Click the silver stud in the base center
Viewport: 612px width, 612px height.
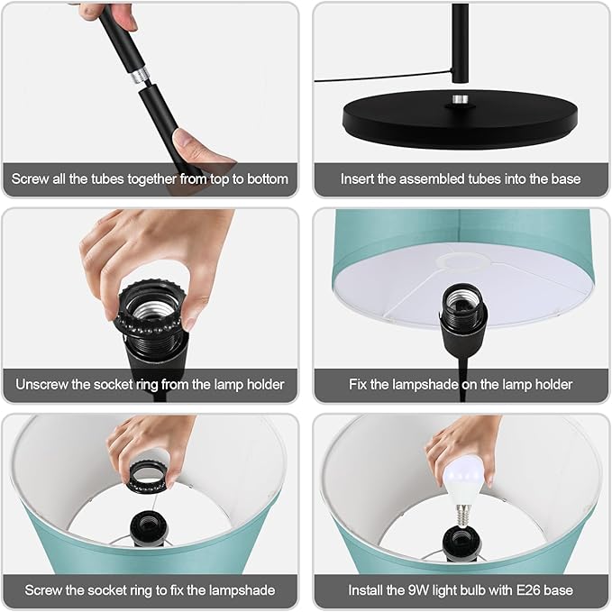click(x=461, y=99)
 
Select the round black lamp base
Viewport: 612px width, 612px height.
click(x=461, y=119)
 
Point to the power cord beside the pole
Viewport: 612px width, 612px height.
click(x=383, y=77)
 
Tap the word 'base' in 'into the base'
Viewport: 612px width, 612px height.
click(x=566, y=179)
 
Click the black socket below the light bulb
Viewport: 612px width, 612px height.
click(x=461, y=543)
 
